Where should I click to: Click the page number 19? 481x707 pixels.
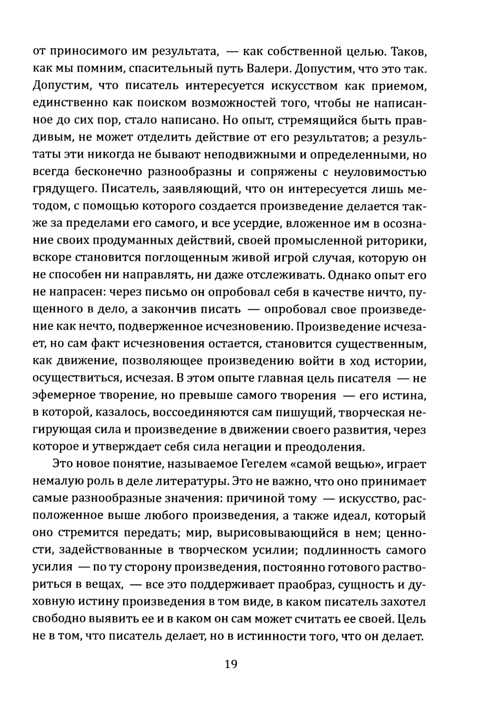pos(231,665)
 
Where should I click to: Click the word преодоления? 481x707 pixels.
pos(325,447)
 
